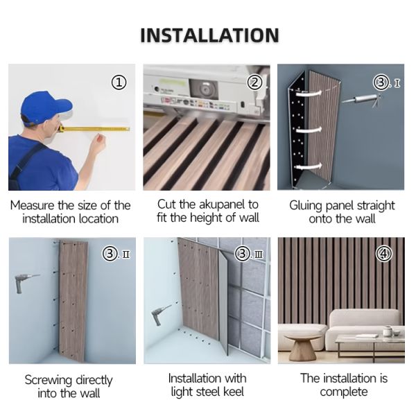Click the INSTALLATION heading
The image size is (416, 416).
click(209, 35)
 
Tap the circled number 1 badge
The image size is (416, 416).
click(119, 83)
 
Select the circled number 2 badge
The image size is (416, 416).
click(254, 83)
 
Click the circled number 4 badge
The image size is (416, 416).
click(383, 254)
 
